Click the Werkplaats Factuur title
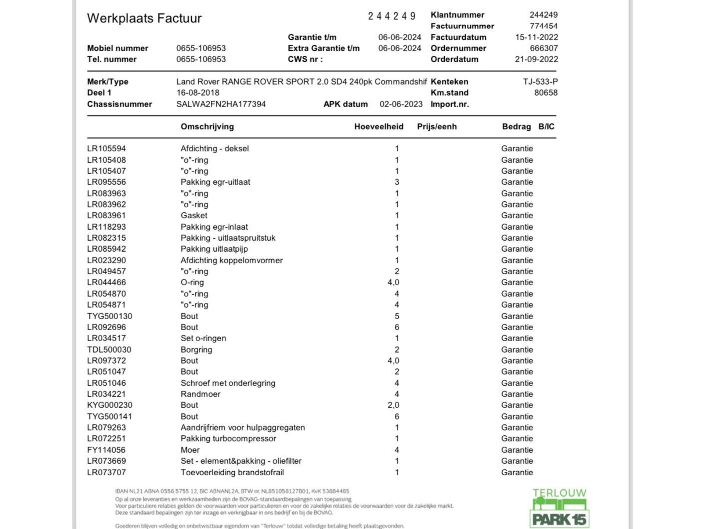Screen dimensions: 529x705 144,18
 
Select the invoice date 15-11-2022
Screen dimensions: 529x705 536,37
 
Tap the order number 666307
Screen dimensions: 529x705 543,48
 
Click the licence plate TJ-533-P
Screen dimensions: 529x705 540,82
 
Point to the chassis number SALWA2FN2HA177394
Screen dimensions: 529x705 221,104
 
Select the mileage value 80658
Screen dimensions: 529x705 546,93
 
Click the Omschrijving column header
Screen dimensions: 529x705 207,127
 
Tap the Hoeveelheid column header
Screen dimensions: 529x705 379,127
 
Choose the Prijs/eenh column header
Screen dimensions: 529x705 437,127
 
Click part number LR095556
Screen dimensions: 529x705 106,182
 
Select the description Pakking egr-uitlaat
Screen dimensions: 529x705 215,182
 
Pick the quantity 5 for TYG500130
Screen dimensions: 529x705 397,316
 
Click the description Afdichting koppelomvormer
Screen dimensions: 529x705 231,260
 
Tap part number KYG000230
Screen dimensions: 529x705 109,405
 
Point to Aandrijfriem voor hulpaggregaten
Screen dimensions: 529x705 242,428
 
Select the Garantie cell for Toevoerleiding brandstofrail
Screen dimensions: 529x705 517,472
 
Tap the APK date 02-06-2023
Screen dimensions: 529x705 401,104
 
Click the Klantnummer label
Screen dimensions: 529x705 457,15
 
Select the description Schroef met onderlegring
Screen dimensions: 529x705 228,383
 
